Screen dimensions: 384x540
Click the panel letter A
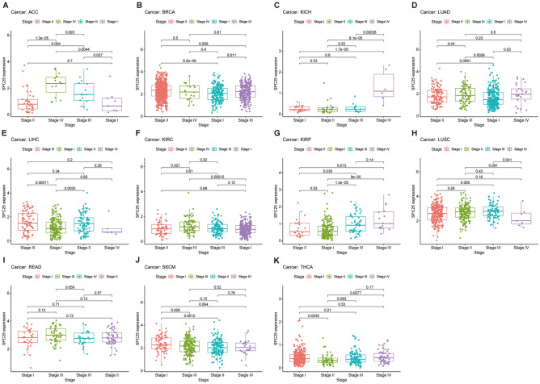point(4,5)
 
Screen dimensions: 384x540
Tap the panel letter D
point(411,5)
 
